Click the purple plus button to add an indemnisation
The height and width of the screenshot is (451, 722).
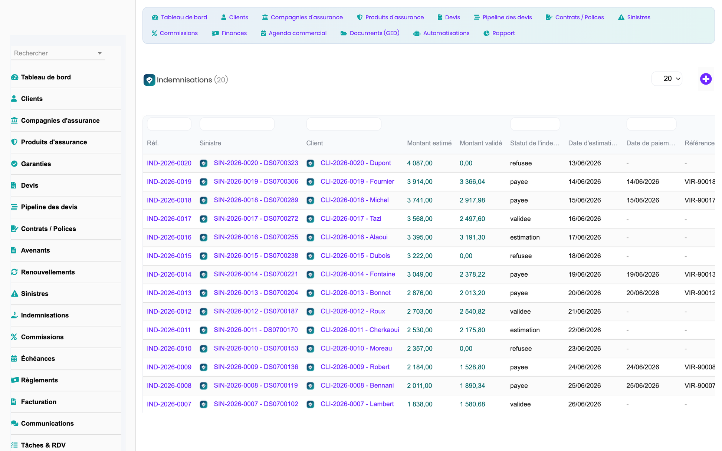[x=706, y=79]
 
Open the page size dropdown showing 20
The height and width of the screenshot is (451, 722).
[x=667, y=79]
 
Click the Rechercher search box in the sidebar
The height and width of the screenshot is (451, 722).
[x=58, y=53]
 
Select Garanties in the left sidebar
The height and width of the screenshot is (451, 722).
[x=36, y=164]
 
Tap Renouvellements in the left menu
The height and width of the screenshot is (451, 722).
[x=48, y=272]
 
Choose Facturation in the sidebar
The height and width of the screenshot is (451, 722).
[x=39, y=402]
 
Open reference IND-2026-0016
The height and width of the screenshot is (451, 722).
[x=169, y=237]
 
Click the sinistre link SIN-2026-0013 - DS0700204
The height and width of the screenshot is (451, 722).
[x=256, y=293]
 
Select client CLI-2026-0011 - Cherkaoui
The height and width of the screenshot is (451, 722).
[x=360, y=330]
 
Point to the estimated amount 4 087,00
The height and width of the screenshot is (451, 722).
[x=420, y=163]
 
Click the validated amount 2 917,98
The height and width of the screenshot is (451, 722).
[x=472, y=200]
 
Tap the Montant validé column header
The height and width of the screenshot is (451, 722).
[x=481, y=143]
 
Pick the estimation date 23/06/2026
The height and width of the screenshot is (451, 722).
[x=584, y=349]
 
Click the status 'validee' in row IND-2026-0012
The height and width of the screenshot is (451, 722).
[x=520, y=312]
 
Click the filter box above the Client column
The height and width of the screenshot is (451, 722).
[x=344, y=124]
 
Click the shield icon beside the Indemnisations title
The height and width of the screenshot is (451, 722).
[x=149, y=80]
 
